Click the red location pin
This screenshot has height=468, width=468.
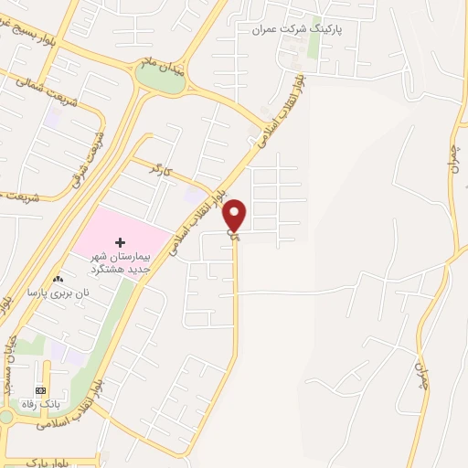(x=235, y=216)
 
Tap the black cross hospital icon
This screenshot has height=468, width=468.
(x=119, y=242)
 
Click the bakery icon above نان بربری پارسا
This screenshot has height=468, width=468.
(x=58, y=280)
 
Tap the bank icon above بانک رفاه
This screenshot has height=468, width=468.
(x=39, y=391)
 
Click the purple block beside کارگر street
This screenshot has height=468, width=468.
(x=194, y=195)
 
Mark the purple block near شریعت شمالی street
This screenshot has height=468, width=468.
(x=52, y=118)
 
